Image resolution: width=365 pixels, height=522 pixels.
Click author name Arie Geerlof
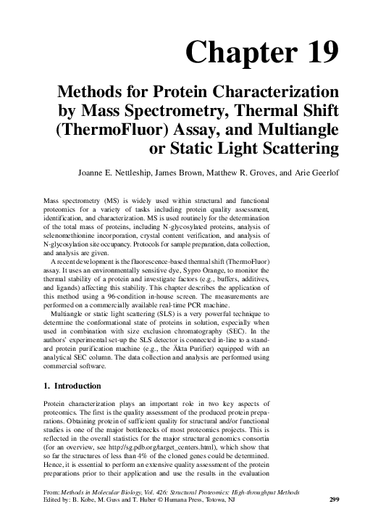(314, 173)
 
